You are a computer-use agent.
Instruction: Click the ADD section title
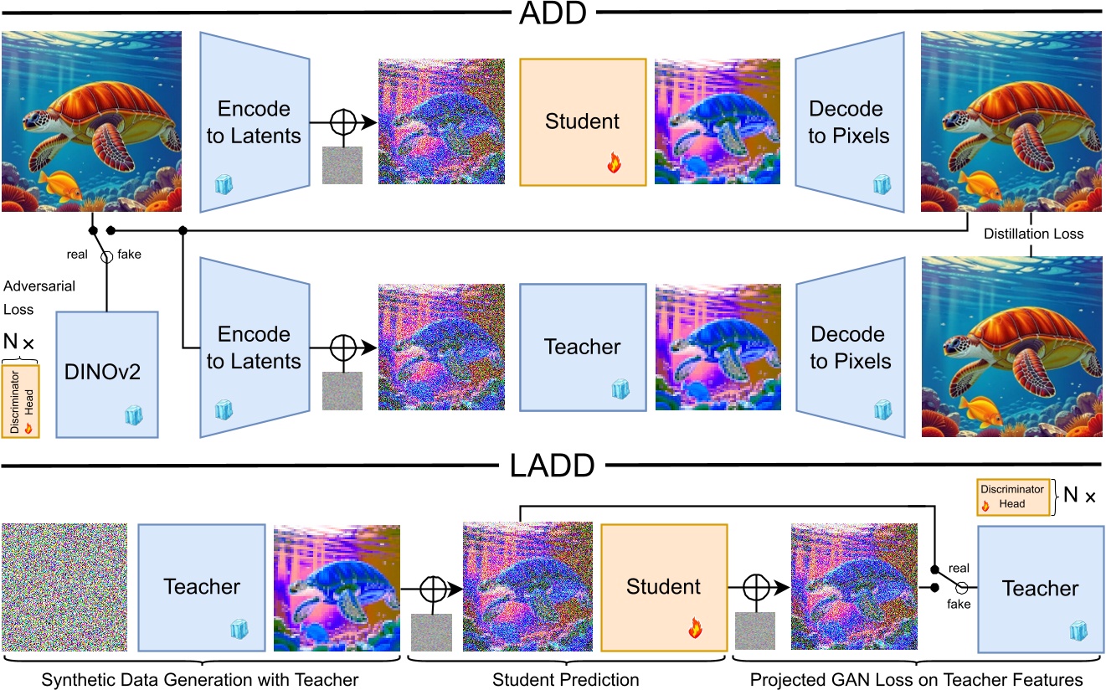point(552,14)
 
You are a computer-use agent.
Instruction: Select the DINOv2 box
point(106,373)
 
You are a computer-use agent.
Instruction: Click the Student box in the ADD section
point(583,121)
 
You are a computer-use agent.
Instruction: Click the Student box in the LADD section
point(664,587)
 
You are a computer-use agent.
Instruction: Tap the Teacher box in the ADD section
point(583,347)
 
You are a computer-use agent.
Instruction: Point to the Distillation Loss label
point(1032,234)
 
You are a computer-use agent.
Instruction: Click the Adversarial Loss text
point(39,297)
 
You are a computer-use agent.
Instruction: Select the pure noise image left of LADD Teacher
point(64,587)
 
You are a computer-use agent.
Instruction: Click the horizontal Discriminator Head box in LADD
point(1012,497)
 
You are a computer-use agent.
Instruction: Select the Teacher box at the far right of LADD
point(1040,588)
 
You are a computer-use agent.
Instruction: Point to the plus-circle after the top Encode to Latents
point(342,122)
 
